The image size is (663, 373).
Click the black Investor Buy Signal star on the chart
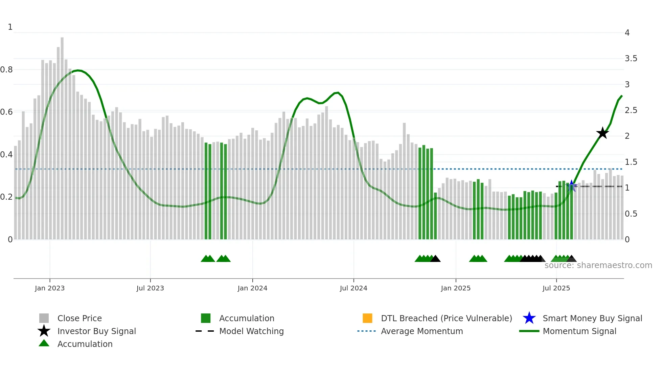click(602, 133)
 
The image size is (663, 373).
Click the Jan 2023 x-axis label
click(50, 288)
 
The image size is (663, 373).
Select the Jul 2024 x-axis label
click(353, 288)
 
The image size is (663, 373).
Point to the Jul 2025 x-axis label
click(556, 288)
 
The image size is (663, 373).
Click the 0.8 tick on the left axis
click(6, 70)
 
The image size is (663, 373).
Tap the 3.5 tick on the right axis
click(631, 59)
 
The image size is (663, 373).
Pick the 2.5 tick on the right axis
click(631, 110)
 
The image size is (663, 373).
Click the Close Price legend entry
click(79, 318)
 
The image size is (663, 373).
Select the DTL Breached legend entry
click(446, 318)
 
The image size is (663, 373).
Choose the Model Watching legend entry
click(251, 331)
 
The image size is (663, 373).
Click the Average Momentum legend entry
click(422, 331)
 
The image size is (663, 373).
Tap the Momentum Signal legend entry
click(579, 331)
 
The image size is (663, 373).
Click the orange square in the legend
click(367, 318)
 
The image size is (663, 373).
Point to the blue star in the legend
click(529, 318)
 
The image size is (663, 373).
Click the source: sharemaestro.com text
click(598, 265)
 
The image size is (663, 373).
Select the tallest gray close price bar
click(62, 135)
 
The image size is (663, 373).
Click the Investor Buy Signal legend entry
click(96, 331)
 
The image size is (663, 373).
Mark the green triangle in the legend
click(44, 343)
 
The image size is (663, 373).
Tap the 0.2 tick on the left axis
click(6, 197)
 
